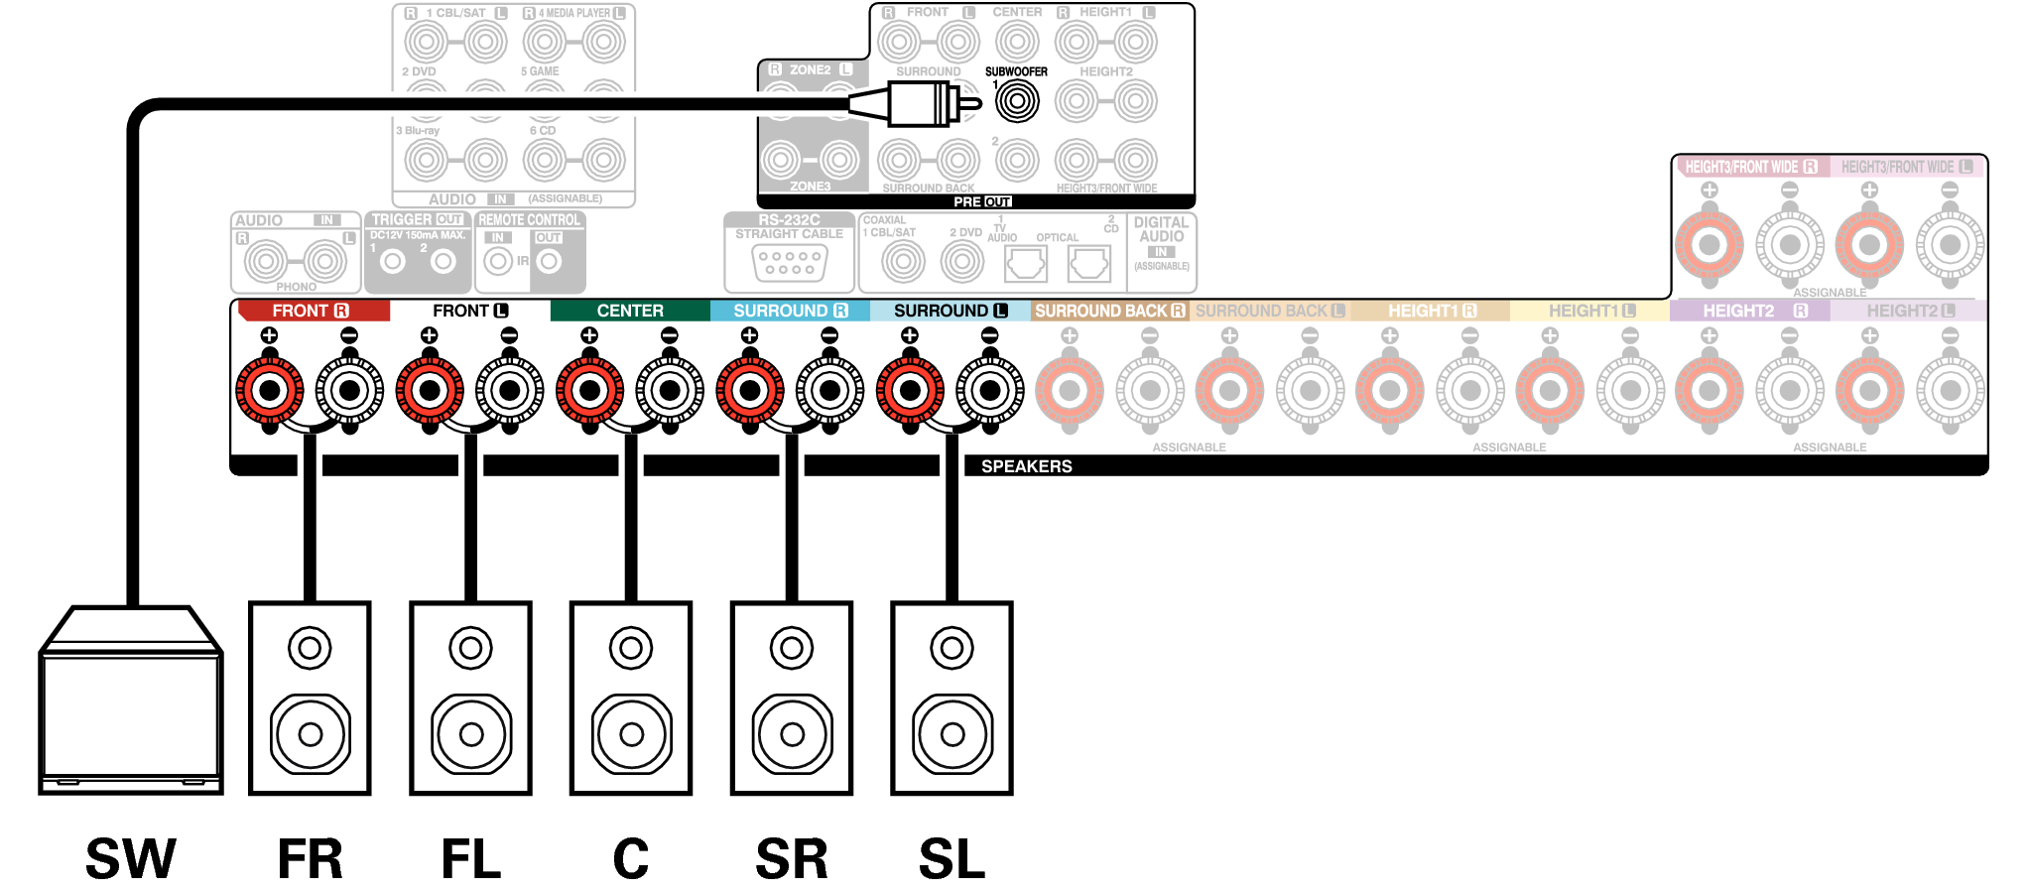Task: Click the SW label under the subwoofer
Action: (130, 858)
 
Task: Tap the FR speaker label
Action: (310, 858)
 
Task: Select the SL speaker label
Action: (951, 858)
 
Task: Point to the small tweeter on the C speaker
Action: (631, 648)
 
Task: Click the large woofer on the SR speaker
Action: (792, 734)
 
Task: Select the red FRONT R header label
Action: (311, 311)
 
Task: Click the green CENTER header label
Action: (630, 311)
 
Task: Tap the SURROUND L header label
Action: (950, 311)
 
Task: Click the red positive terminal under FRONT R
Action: (269, 390)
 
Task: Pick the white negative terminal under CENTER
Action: (670, 390)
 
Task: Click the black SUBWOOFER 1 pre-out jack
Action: (1017, 101)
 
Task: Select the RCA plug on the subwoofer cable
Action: (923, 103)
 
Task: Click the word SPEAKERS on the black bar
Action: (1026, 466)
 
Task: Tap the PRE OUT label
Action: (982, 201)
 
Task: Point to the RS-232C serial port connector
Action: (789, 263)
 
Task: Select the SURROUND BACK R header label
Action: (1109, 311)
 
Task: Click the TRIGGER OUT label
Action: (418, 219)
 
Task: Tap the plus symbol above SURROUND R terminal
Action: (749, 335)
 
